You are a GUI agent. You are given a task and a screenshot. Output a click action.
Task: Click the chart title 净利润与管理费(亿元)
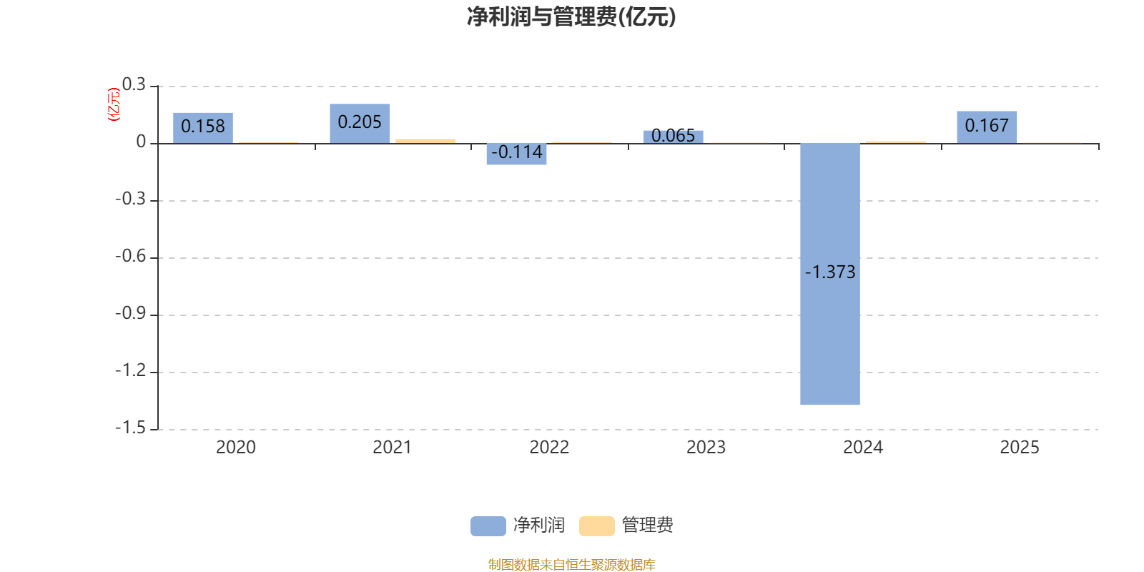(x=571, y=17)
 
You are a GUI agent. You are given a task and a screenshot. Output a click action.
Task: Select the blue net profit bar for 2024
(x=829, y=336)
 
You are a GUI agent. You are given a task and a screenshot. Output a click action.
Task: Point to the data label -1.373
(x=829, y=272)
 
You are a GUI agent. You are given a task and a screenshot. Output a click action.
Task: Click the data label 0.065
(x=673, y=135)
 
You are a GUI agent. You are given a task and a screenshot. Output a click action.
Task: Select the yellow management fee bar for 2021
(x=425, y=141)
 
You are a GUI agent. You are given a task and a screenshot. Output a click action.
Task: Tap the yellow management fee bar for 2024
(x=895, y=142)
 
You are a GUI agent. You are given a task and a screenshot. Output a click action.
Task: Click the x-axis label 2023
(x=706, y=448)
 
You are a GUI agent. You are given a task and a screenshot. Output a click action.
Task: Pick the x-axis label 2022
(x=549, y=448)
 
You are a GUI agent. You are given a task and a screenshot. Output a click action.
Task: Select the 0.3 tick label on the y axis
(x=134, y=85)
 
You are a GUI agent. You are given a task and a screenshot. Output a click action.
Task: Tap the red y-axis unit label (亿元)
(x=113, y=104)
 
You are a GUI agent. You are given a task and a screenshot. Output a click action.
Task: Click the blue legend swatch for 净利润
(x=488, y=526)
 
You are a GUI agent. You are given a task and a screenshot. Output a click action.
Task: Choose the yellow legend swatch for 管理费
(x=596, y=526)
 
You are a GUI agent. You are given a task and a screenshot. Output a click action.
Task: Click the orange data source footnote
(x=571, y=565)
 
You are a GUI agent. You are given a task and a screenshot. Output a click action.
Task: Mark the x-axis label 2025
(x=1019, y=448)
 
